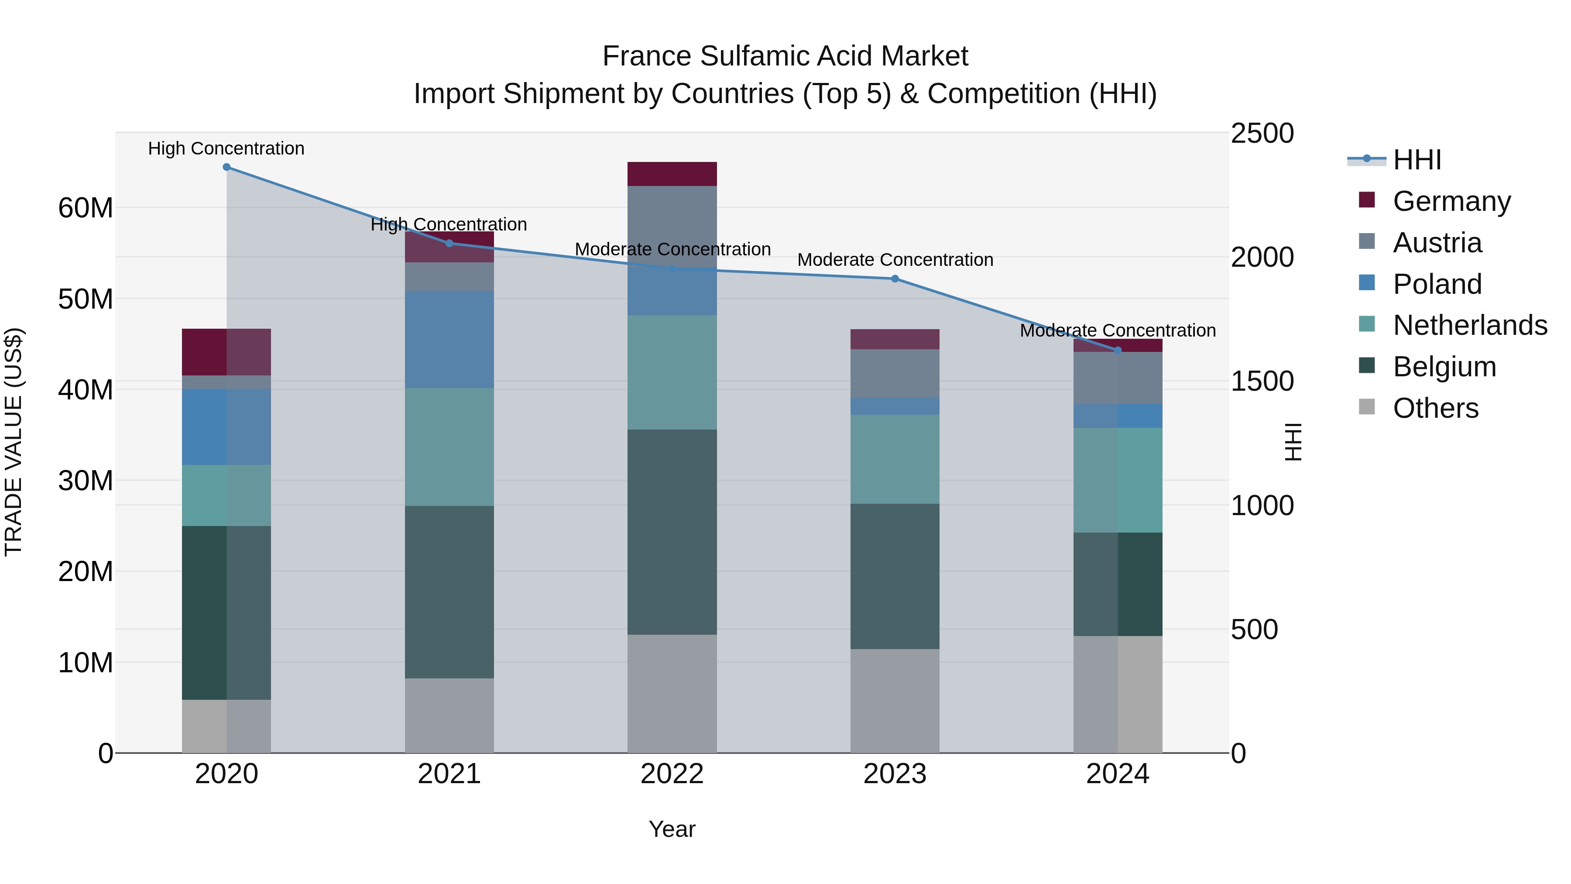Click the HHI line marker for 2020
point(226,167)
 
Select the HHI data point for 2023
point(895,279)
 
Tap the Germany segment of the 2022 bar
point(672,174)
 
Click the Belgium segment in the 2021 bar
point(449,592)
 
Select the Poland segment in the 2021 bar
point(449,339)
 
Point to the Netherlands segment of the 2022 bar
point(672,372)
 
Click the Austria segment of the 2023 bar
point(895,373)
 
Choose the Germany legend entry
point(1451,201)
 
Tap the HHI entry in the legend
point(1417,160)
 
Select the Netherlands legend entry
point(1470,325)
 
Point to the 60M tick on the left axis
point(86,208)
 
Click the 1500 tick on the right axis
point(1262,381)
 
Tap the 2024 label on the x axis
point(1117,774)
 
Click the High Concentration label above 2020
point(226,148)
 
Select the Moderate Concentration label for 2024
point(1117,330)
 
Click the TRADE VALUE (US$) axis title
point(14,442)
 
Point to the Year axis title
point(672,829)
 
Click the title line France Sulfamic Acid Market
point(785,56)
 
